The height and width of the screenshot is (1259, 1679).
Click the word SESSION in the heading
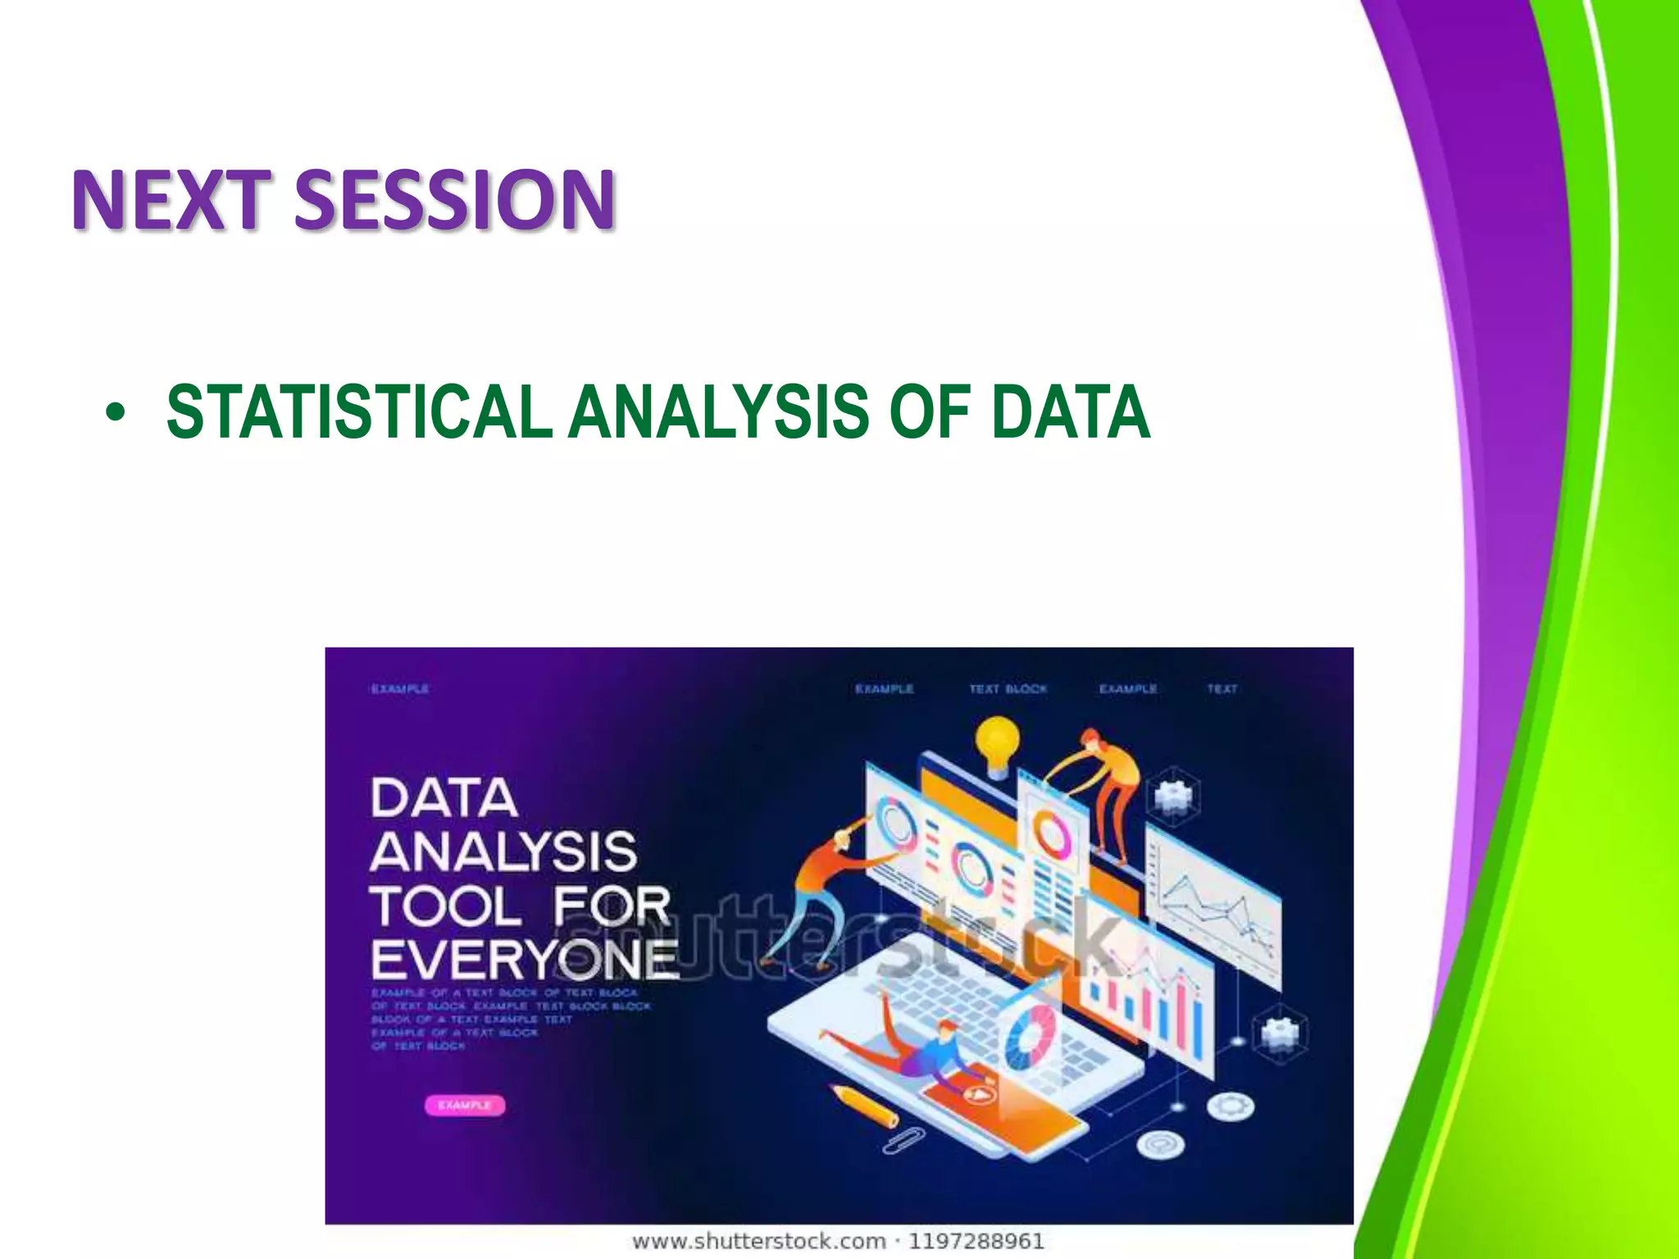pyautogui.click(x=454, y=200)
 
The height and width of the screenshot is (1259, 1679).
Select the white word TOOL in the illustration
pyautogui.click(x=444, y=907)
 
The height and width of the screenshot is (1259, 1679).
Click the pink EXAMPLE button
pyautogui.click(x=465, y=1105)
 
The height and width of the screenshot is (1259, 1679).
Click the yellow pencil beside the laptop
pyautogui.click(x=863, y=1105)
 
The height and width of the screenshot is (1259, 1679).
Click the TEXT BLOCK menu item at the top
pyautogui.click(x=1008, y=689)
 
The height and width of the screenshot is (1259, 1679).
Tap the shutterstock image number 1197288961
pyautogui.click(x=976, y=1241)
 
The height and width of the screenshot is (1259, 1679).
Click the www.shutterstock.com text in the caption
pyautogui.click(x=758, y=1241)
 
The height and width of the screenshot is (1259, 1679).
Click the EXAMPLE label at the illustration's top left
pyautogui.click(x=399, y=689)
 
